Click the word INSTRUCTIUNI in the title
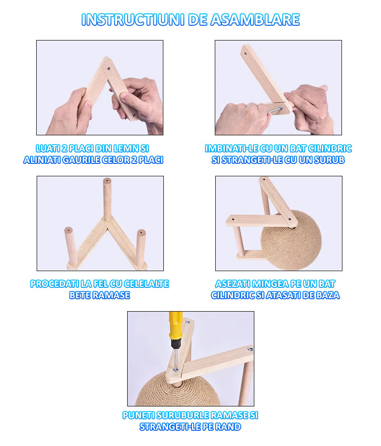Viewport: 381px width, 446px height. click(x=133, y=20)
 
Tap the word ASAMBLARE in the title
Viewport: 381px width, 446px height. click(x=255, y=20)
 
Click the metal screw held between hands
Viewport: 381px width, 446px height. click(x=275, y=110)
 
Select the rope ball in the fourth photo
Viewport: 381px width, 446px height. click(x=291, y=240)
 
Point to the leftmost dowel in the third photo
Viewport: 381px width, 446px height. click(x=70, y=247)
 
